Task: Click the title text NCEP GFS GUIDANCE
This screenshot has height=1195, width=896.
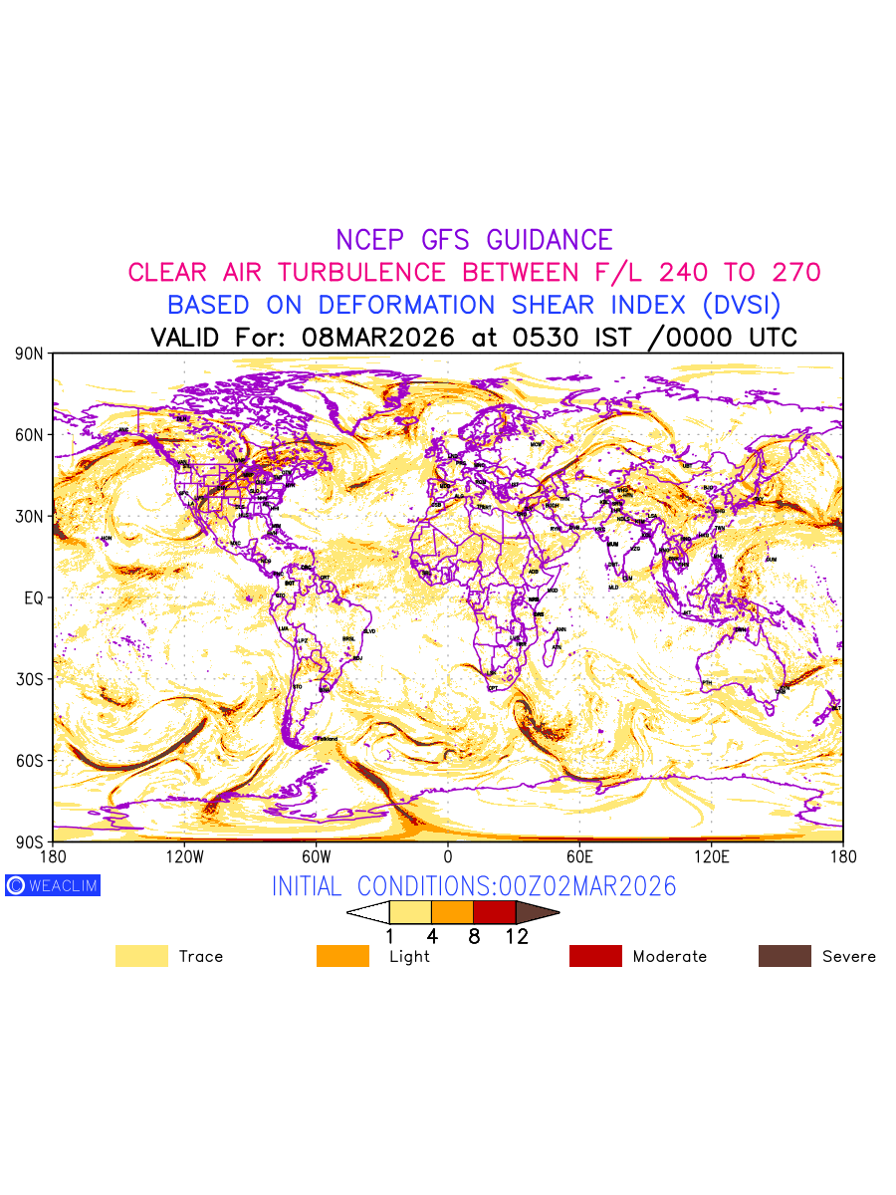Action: pos(474,240)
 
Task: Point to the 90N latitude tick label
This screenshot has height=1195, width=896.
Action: pos(29,354)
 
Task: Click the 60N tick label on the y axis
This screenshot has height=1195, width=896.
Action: pos(29,435)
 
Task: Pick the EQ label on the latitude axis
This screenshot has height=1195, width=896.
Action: pos(34,597)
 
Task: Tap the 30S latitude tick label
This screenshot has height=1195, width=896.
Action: pos(29,679)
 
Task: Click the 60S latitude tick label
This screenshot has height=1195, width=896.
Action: pos(29,761)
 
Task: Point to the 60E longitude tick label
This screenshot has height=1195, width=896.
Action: pos(579,856)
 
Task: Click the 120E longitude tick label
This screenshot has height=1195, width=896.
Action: pos(711,856)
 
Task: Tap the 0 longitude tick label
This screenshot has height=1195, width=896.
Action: pos(448,856)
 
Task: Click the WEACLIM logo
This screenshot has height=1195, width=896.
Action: pos(53,885)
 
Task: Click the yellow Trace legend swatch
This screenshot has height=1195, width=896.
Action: pos(141,956)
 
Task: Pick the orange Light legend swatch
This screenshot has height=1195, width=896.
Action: pos(342,956)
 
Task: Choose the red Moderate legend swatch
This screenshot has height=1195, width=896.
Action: pos(595,956)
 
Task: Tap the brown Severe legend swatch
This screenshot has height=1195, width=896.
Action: pos(784,956)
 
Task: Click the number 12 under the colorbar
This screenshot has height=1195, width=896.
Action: pos(516,936)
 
